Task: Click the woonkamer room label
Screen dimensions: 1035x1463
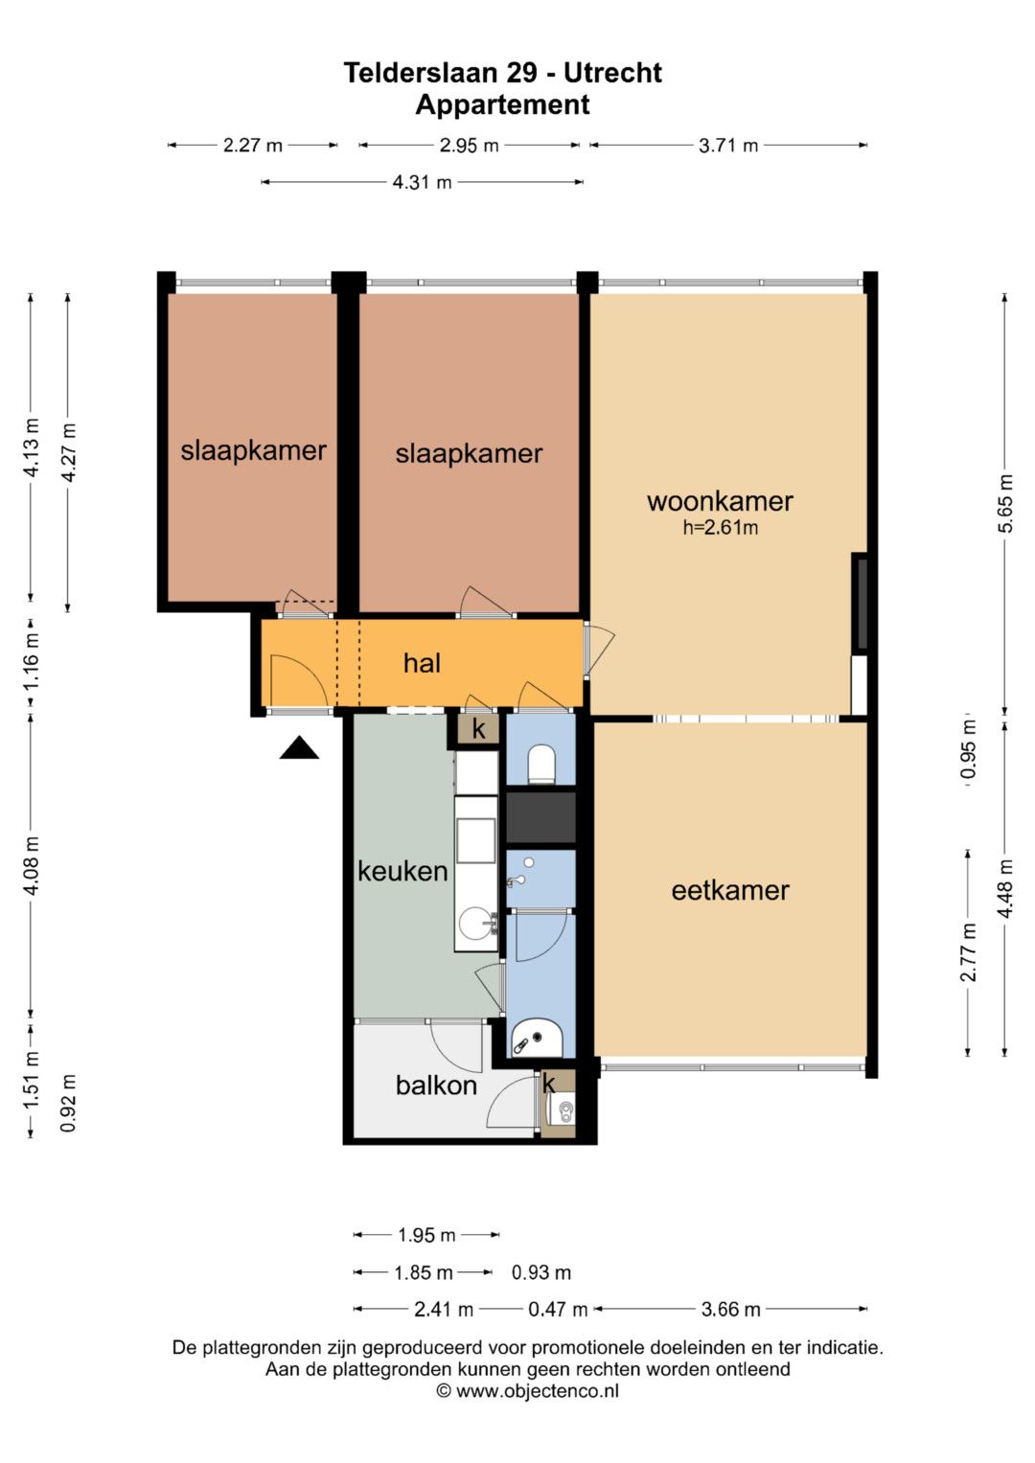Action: pos(720,502)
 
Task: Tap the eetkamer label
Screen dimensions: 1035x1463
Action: pos(730,890)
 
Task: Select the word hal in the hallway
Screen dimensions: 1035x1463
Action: pos(422,663)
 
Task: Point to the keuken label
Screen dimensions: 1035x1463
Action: pos(402,871)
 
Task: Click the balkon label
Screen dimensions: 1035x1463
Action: pos(436,1085)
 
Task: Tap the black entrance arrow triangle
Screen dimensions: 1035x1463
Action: pos(299,748)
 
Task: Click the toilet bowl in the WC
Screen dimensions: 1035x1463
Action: pos(540,765)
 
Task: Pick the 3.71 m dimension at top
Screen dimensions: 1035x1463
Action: pos(728,145)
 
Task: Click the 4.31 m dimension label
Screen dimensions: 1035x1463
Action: pos(422,182)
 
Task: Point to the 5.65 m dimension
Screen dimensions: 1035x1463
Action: pos(1005,504)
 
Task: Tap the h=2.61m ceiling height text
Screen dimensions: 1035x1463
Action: pos(720,527)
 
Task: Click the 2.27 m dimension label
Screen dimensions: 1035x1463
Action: pos(253,145)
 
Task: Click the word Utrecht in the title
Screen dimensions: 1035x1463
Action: pos(612,73)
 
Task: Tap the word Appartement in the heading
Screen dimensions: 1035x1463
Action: pos(502,104)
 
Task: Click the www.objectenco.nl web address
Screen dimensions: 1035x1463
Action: pos(537,1390)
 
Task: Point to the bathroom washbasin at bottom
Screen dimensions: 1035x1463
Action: pos(537,1040)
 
